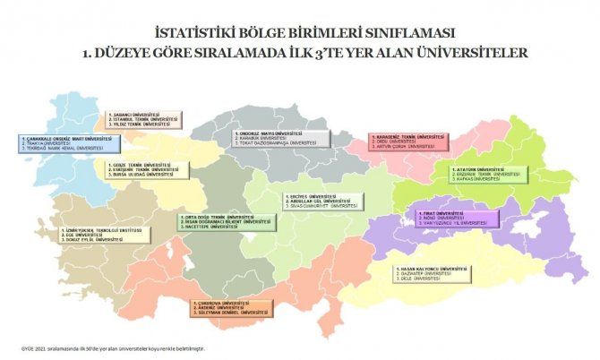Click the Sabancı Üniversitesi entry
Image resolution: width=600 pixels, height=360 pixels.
tap(133, 115)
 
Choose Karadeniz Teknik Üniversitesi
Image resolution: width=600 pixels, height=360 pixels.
tap(408, 137)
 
